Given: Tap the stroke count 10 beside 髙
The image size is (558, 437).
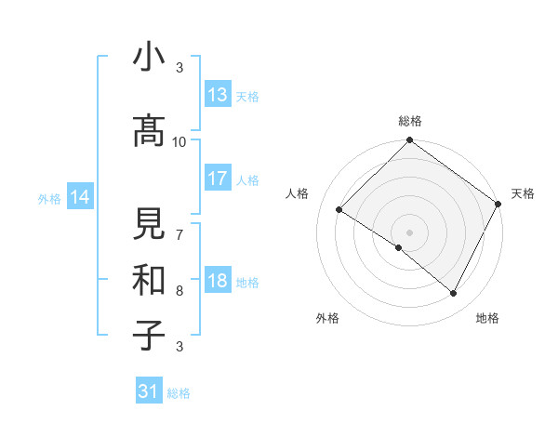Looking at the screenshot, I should click(179, 141).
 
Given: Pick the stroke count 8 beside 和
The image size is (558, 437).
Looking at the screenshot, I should click(179, 290).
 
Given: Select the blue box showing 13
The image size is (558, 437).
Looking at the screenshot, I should click(218, 94).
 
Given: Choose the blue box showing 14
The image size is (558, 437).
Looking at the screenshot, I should click(80, 197).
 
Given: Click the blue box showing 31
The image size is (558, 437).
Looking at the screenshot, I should click(149, 391).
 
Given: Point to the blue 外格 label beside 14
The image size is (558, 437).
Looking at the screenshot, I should click(50, 198).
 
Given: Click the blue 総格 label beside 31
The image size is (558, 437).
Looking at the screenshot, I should click(179, 393).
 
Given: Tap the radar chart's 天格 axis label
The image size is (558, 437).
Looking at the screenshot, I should click(523, 193).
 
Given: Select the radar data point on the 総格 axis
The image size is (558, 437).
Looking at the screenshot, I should click(409, 141).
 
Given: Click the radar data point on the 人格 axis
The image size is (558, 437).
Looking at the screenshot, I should click(339, 210).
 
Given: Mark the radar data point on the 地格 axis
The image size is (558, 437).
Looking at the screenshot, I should click(454, 294).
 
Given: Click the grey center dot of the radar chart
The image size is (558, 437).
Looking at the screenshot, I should click(409, 232).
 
